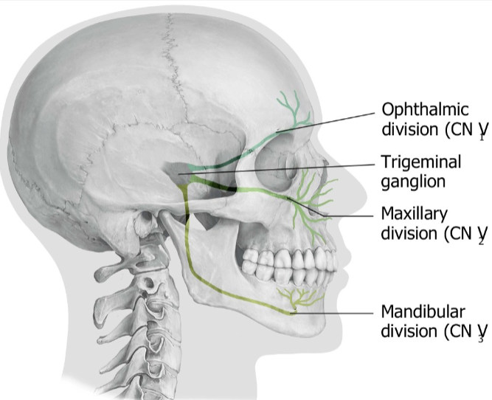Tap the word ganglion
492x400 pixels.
(411, 180)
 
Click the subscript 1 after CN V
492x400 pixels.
(480, 138)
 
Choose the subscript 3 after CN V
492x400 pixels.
(480, 339)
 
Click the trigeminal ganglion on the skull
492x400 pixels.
(177, 171)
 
